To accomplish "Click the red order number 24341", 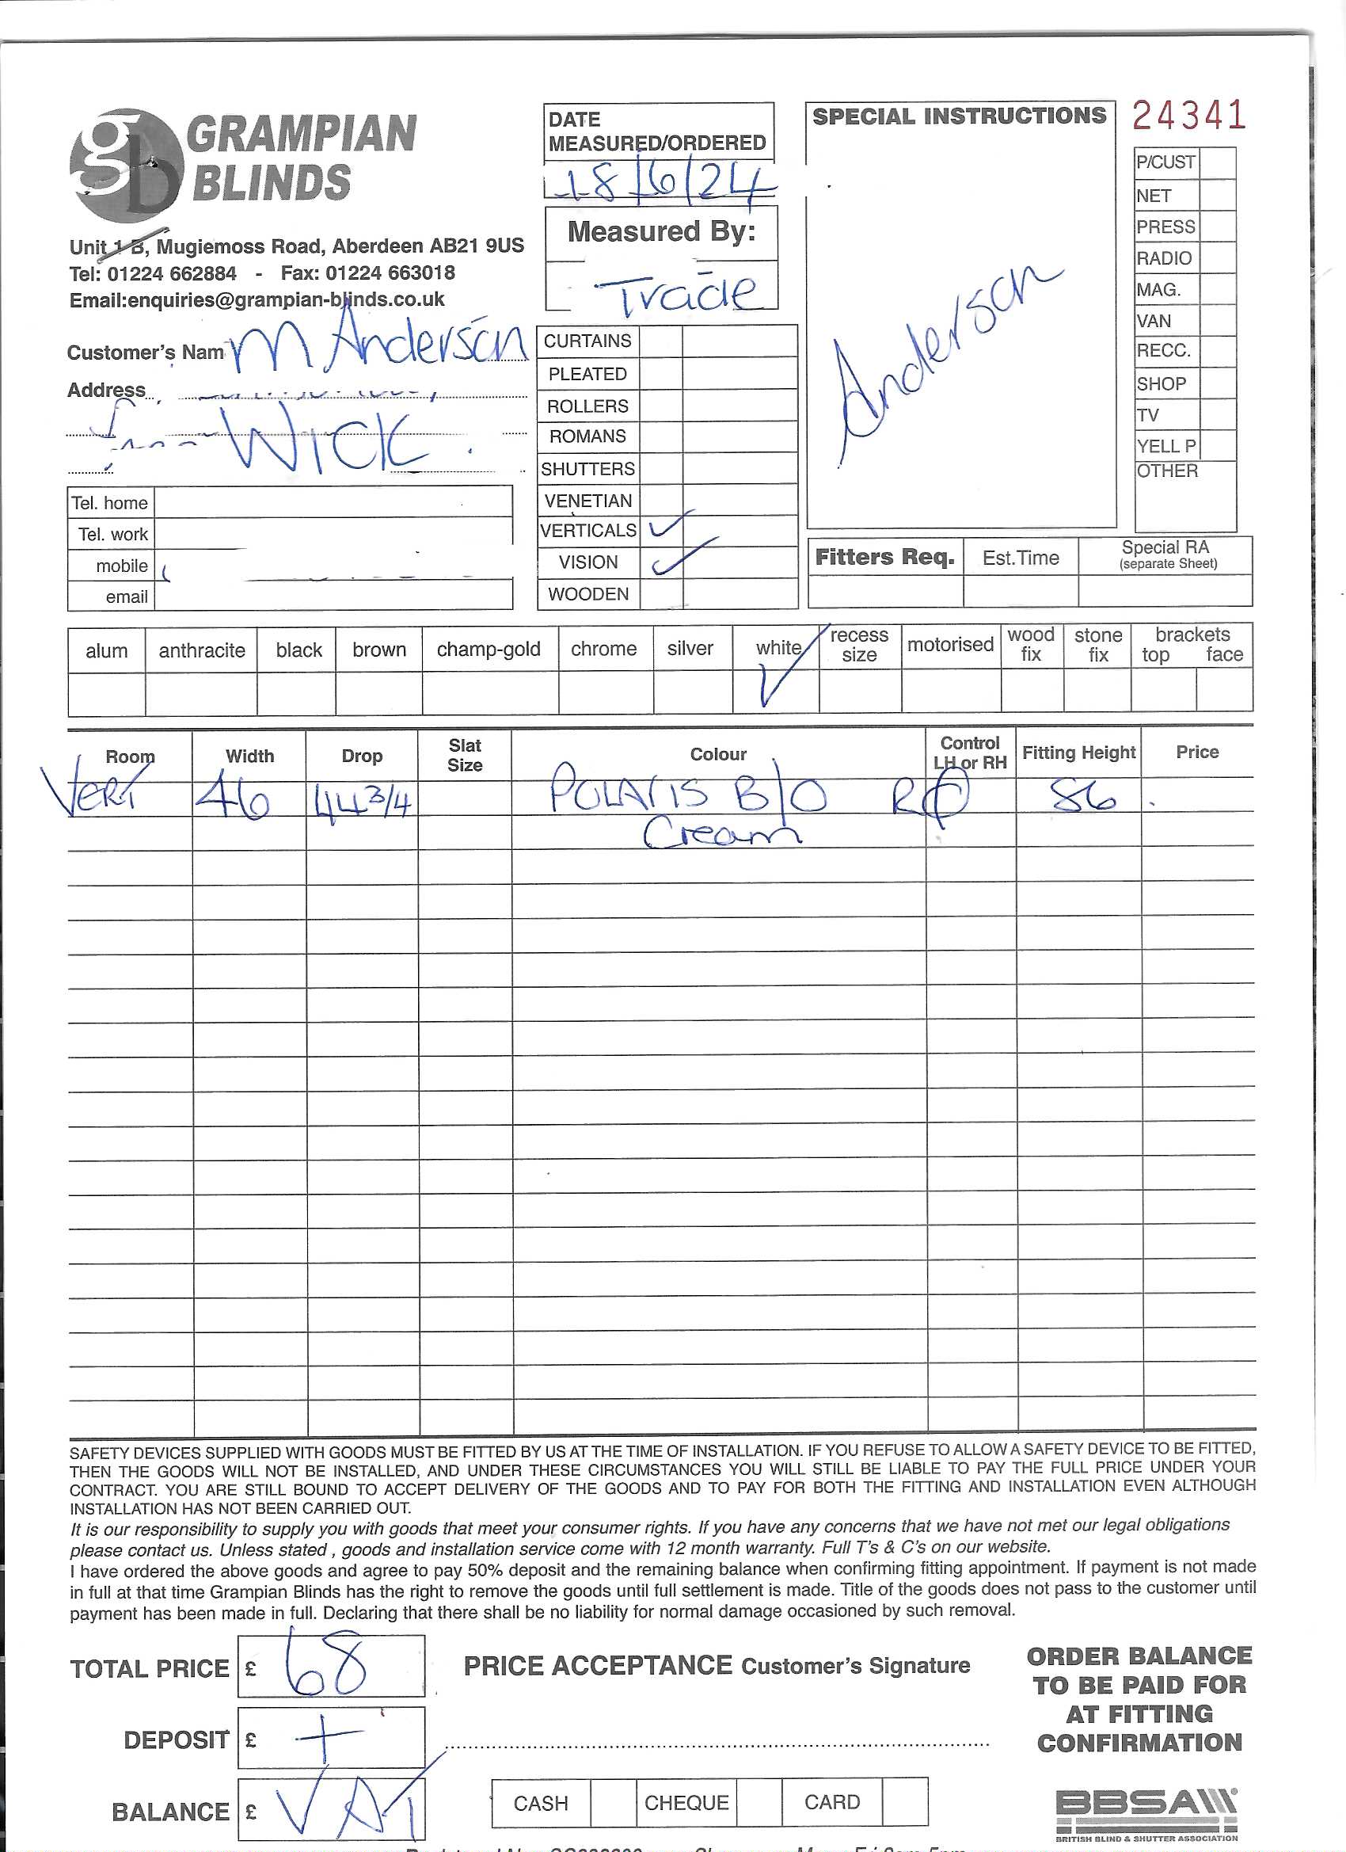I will tap(1188, 115).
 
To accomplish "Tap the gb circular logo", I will tap(127, 166).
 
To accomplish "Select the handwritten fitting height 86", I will tap(1082, 795).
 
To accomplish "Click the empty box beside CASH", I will tap(612, 1802).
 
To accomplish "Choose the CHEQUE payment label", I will tap(686, 1802).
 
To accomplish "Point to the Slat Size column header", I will tap(465, 755).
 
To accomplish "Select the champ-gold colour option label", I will tap(488, 650).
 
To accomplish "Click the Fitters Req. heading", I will tap(885, 557).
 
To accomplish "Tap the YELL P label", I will tap(1165, 446).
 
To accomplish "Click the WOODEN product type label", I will tap(587, 593).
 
